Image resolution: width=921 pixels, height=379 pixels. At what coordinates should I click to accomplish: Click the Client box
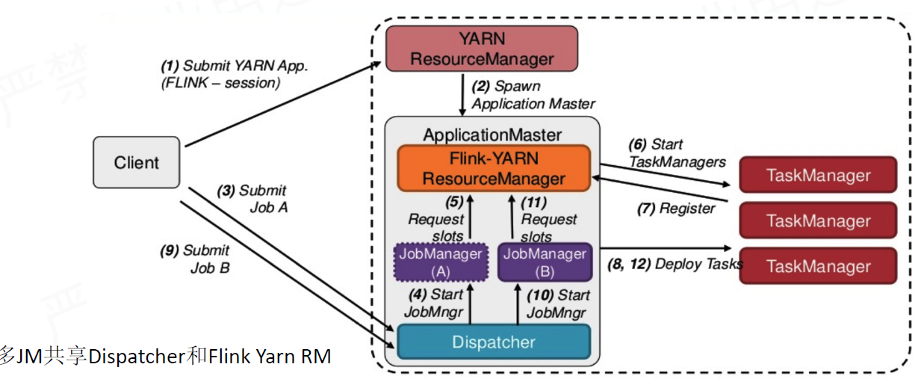pyautogui.click(x=136, y=162)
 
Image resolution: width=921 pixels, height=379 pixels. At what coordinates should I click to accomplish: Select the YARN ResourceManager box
pyautogui.click(x=481, y=49)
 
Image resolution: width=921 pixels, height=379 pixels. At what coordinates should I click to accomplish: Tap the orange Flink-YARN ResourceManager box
pyautogui.click(x=494, y=168)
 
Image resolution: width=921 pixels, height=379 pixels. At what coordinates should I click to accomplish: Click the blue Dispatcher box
pyautogui.click(x=494, y=342)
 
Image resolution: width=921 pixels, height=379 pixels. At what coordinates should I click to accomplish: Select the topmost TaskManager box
pyautogui.click(x=818, y=176)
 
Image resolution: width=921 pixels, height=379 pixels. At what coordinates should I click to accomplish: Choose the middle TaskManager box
pyautogui.click(x=818, y=221)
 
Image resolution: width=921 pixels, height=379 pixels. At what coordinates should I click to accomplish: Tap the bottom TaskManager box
pyautogui.click(x=818, y=267)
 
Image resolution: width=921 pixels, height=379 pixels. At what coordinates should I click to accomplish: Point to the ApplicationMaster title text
pyautogui.click(x=492, y=135)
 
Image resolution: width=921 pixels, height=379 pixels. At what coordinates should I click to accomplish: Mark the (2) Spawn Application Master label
pyautogui.click(x=533, y=95)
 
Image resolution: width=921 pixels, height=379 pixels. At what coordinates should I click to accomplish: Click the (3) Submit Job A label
pyautogui.click(x=252, y=199)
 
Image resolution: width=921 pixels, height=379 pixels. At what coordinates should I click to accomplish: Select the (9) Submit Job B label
pyautogui.click(x=196, y=259)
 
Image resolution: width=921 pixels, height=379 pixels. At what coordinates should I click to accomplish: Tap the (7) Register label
pyautogui.click(x=675, y=209)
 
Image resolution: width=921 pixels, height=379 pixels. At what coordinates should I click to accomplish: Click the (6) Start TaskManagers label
pyautogui.click(x=677, y=152)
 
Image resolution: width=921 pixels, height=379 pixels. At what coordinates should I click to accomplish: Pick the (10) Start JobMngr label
pyautogui.click(x=558, y=303)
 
